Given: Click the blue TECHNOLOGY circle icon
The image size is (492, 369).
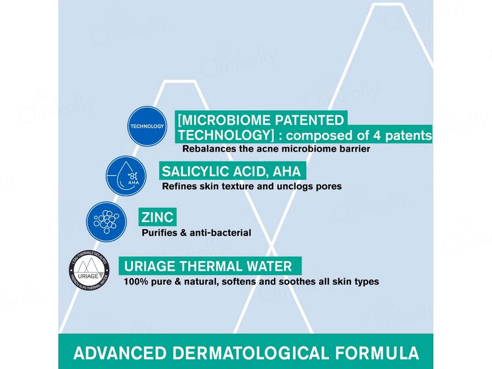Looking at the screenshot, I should (x=147, y=126).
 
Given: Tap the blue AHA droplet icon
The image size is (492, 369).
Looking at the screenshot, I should (x=126, y=175).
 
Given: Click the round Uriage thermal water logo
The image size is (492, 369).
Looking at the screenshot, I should (x=89, y=270).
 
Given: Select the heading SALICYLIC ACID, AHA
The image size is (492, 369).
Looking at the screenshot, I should (x=231, y=172).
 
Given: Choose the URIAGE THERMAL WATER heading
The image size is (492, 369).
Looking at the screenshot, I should (x=208, y=267).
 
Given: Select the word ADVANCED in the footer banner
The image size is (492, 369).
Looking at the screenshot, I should (x=126, y=353).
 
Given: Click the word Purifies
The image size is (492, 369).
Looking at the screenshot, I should (x=159, y=232).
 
